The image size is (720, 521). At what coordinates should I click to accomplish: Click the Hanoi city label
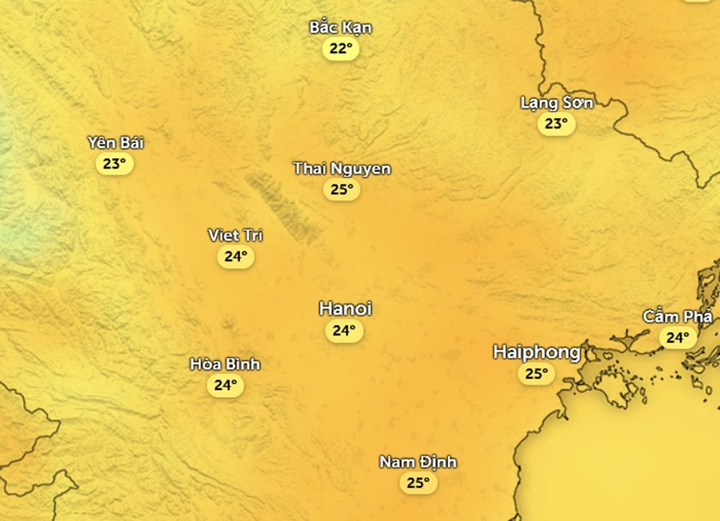[x=345, y=308]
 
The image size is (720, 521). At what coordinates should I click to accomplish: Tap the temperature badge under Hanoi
[x=344, y=330]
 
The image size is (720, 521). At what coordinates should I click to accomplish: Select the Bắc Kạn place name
[x=341, y=27]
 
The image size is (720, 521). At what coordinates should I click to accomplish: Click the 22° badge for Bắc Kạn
[x=341, y=49]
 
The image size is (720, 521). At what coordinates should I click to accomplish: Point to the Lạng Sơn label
[x=556, y=102]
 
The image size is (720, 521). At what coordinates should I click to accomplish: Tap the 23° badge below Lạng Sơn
[x=556, y=124]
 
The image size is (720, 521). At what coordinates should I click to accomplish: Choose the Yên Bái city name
[x=115, y=143]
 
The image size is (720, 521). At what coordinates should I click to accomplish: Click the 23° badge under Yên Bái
[x=114, y=165]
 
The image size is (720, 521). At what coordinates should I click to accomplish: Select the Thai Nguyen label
[x=342, y=169]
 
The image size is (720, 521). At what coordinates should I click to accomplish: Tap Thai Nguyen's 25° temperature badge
[x=342, y=189]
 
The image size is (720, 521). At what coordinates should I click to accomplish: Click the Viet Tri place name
[x=235, y=235]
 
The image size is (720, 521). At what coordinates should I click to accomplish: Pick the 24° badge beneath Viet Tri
[x=235, y=257]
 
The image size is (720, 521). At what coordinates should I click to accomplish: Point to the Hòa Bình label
[x=225, y=364]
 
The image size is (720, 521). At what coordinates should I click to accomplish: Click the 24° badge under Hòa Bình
[x=225, y=385]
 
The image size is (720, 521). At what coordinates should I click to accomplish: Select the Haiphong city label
[x=536, y=352]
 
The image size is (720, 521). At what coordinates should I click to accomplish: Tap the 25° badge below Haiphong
[x=536, y=373]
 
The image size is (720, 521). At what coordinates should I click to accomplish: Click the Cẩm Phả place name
[x=677, y=316]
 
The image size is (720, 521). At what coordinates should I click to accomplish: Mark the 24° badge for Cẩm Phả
[x=678, y=337]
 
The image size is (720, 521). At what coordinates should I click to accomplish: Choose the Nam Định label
[x=418, y=462]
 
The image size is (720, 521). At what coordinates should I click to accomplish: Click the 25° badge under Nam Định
[x=418, y=483]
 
